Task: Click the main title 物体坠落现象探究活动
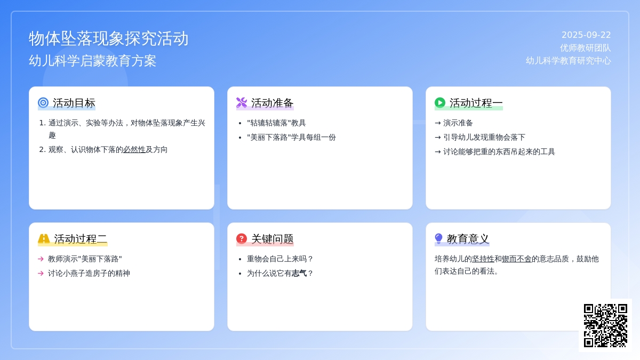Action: click(109, 38)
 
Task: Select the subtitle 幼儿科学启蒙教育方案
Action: click(93, 61)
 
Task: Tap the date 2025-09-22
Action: click(586, 35)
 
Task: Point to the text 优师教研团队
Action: click(585, 47)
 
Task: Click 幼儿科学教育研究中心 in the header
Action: click(569, 61)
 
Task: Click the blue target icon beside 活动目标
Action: click(43, 102)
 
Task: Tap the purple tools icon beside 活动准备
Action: click(242, 102)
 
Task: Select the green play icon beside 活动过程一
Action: click(440, 102)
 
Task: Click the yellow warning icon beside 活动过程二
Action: click(44, 238)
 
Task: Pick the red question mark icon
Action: click(242, 238)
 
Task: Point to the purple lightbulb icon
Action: click(438, 238)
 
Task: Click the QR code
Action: click(605, 325)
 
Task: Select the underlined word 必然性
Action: click(134, 149)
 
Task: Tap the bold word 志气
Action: click(299, 274)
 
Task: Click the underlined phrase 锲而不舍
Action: click(517, 259)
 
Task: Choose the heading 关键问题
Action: click(273, 239)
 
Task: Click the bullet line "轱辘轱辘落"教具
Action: click(276, 123)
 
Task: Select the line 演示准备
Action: click(458, 123)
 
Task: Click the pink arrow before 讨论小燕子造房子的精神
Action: click(41, 274)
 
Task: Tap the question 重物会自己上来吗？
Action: click(280, 259)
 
